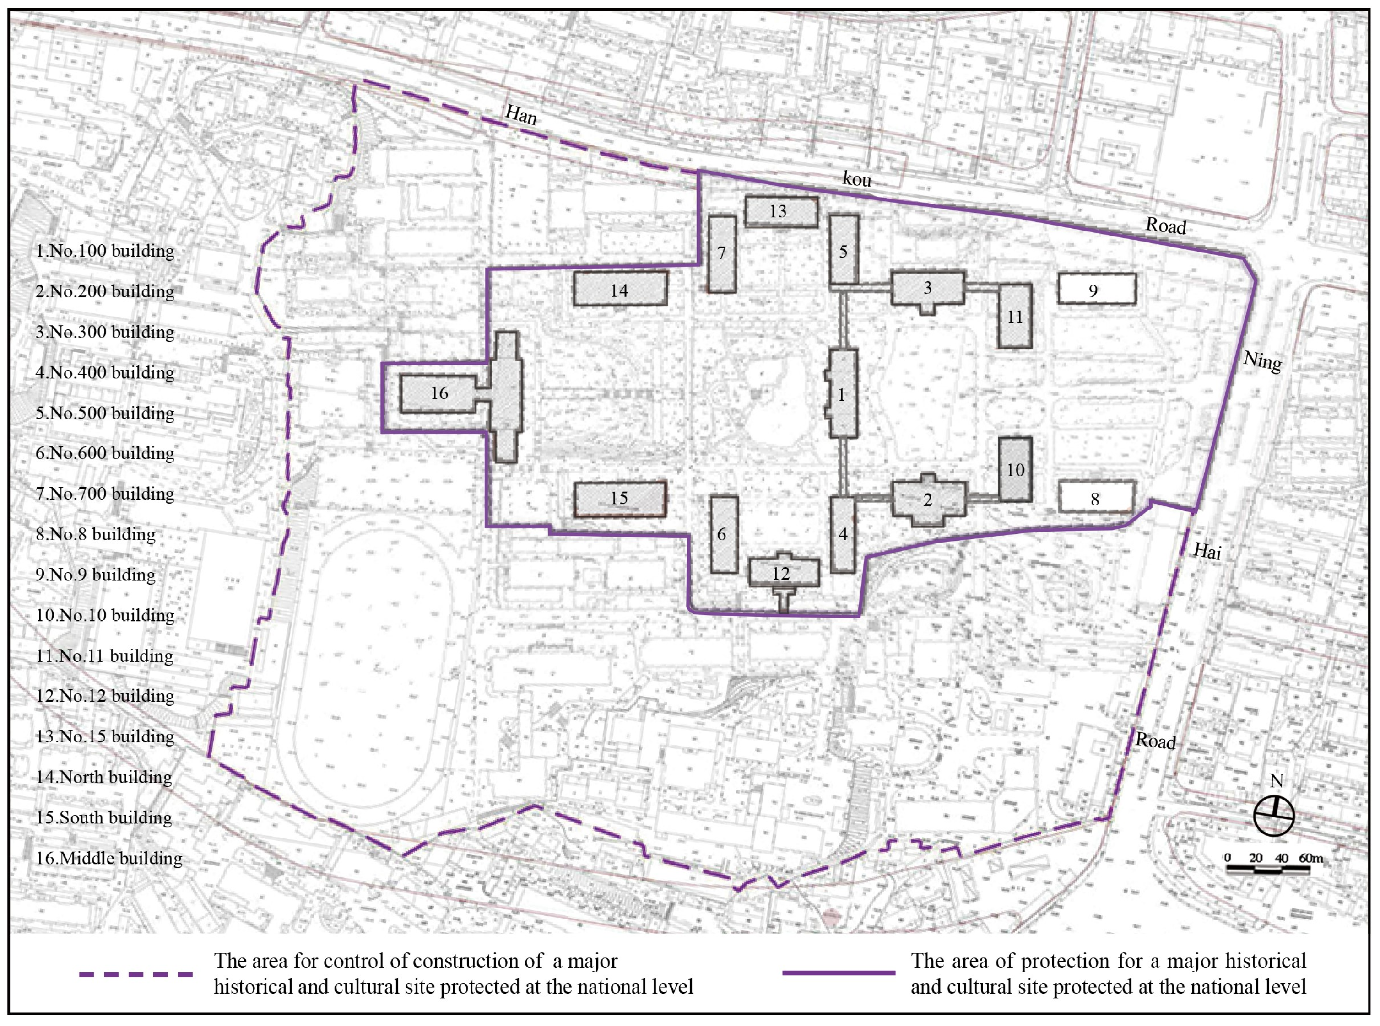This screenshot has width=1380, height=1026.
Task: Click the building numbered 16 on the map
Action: [x=438, y=393]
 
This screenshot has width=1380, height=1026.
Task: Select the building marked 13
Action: [x=780, y=211]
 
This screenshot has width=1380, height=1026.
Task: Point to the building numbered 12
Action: [x=784, y=573]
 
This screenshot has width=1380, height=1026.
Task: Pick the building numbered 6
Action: [x=723, y=534]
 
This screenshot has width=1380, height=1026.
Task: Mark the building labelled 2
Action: [x=929, y=500]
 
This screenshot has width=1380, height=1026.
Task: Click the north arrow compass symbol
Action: [x=1274, y=815]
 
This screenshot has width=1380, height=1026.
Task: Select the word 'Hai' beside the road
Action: [x=1207, y=550]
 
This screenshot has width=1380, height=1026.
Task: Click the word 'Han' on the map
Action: [x=521, y=114]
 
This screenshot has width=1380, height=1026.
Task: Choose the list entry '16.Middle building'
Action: [x=109, y=858]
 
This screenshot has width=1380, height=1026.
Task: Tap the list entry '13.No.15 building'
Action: [x=104, y=736]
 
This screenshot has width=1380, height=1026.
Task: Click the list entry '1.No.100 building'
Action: [x=104, y=251]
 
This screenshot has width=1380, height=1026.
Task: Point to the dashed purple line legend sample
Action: [x=135, y=974]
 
